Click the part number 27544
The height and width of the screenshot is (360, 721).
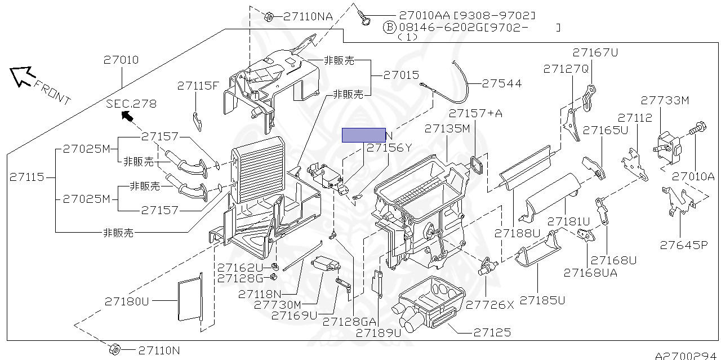[501, 83]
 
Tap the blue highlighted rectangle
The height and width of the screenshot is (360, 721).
[363, 135]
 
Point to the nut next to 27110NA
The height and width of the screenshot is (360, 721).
[269, 16]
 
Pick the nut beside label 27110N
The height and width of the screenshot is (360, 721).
[114, 349]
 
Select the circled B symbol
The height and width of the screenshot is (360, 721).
[389, 27]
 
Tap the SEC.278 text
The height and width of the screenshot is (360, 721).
[131, 104]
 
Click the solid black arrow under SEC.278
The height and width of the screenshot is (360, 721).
[127, 117]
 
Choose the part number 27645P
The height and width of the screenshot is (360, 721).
[683, 245]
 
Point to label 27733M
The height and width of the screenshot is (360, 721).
[665, 100]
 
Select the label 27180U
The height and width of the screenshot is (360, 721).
[127, 301]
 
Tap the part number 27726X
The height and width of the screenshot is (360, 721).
[489, 305]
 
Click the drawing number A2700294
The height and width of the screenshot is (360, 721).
[687, 355]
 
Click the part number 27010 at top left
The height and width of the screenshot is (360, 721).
[121, 60]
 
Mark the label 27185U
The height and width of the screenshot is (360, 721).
[542, 300]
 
